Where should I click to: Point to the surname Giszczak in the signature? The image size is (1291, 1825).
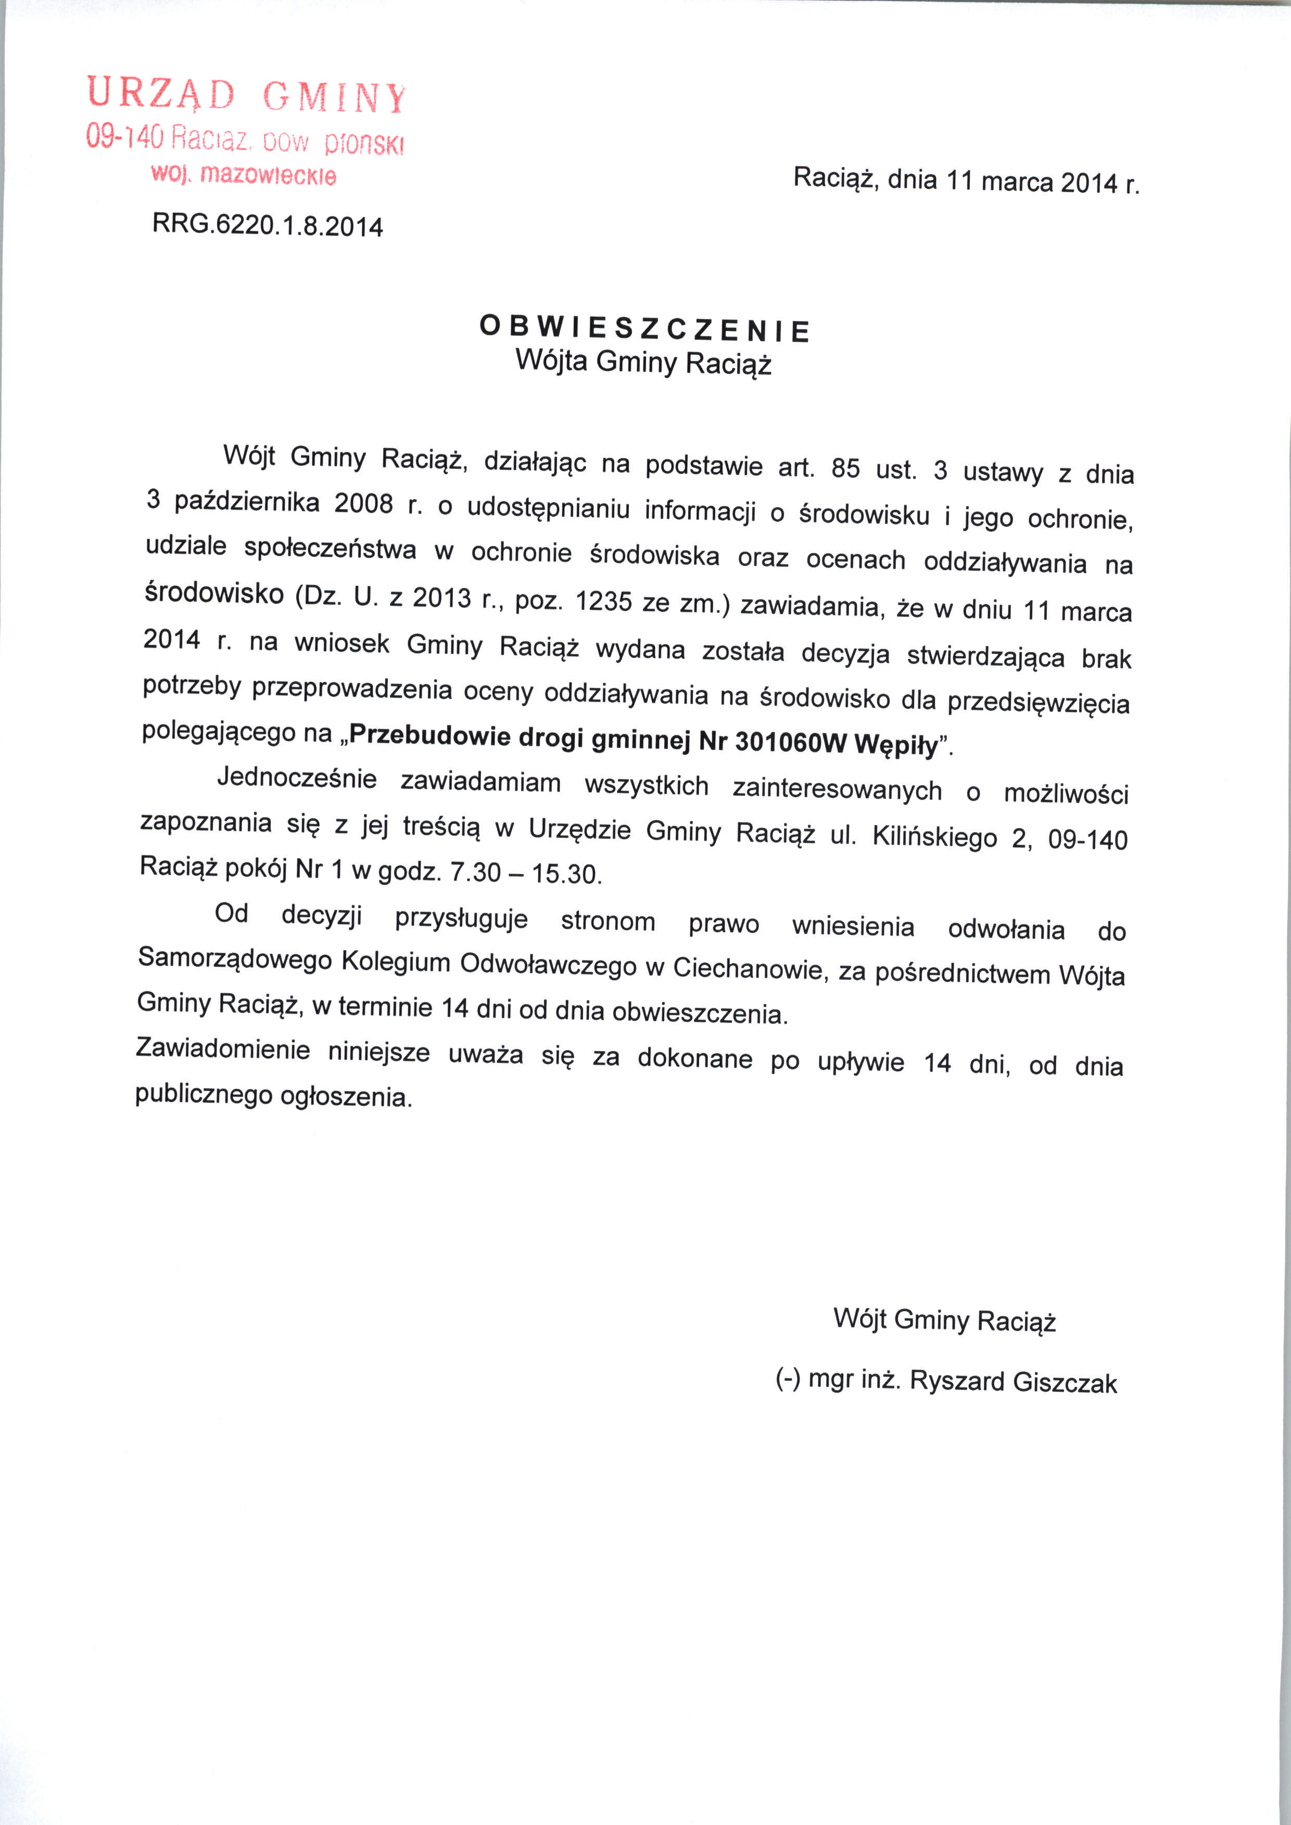pos(1065,1383)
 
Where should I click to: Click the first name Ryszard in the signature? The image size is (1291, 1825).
pos(958,1381)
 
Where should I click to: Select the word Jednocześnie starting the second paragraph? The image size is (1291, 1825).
pos(297,778)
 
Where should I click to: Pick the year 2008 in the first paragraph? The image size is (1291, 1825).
pos(363,503)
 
